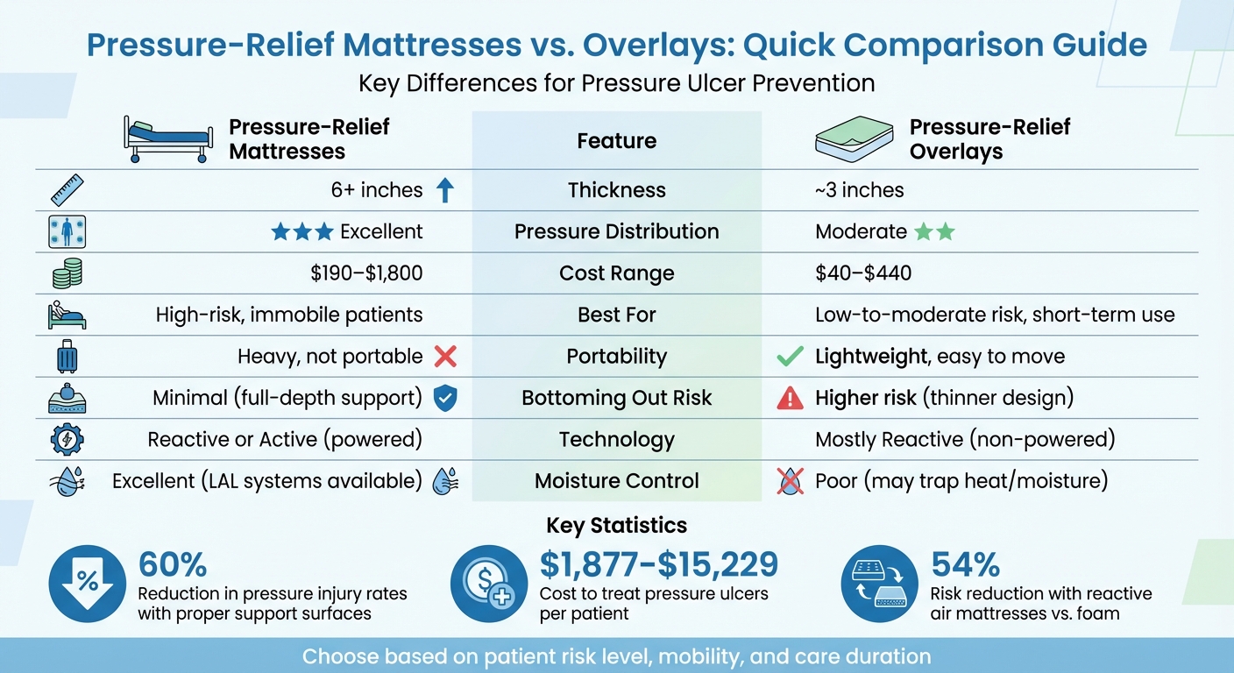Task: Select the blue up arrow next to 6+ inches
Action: point(445,190)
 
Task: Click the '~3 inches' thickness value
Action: point(859,190)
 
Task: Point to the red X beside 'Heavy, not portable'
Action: point(445,357)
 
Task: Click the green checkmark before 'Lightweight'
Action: point(790,357)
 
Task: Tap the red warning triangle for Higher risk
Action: point(790,399)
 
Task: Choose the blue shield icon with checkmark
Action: point(445,399)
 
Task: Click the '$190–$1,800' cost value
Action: point(366,273)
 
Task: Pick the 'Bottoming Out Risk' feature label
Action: point(616,399)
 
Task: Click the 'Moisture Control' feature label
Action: point(616,481)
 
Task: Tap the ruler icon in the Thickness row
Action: point(67,190)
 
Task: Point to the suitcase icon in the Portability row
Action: point(67,357)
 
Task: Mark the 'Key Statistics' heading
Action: point(616,525)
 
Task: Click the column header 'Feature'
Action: point(616,140)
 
